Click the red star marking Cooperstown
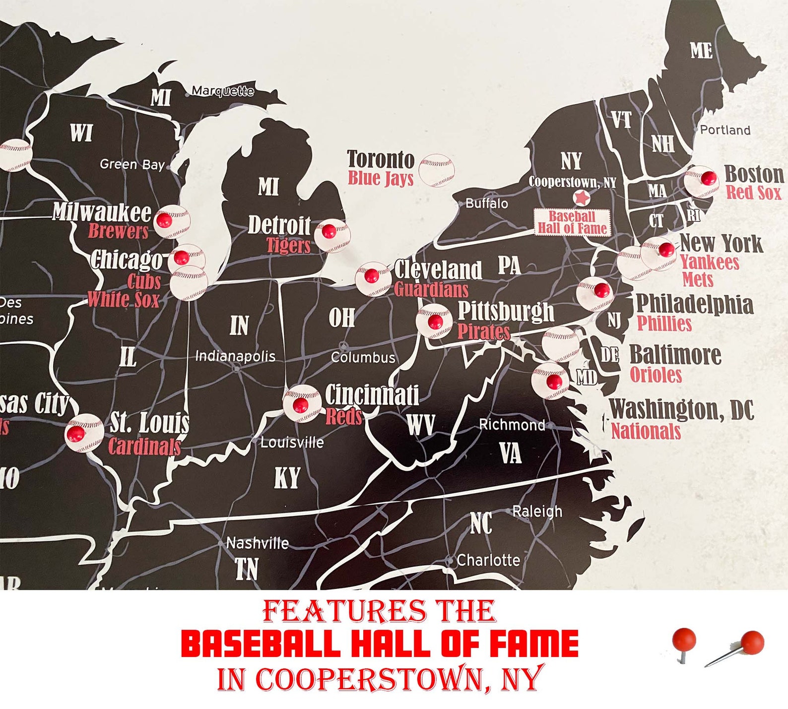[581, 198]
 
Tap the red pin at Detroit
[328, 231]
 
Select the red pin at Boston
[708, 178]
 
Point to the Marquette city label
[223, 91]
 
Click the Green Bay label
[132, 164]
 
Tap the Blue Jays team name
[381, 178]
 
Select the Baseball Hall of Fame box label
[572, 222]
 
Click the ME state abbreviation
[701, 50]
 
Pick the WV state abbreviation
[420, 425]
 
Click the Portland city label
[725, 130]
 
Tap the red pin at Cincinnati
[300, 405]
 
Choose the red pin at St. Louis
[76, 434]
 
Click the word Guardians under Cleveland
[431, 290]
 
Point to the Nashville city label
[257, 543]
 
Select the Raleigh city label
[537, 511]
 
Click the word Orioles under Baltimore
[656, 375]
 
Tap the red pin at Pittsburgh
[435, 322]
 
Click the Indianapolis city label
[235, 356]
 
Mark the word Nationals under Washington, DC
[646, 431]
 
